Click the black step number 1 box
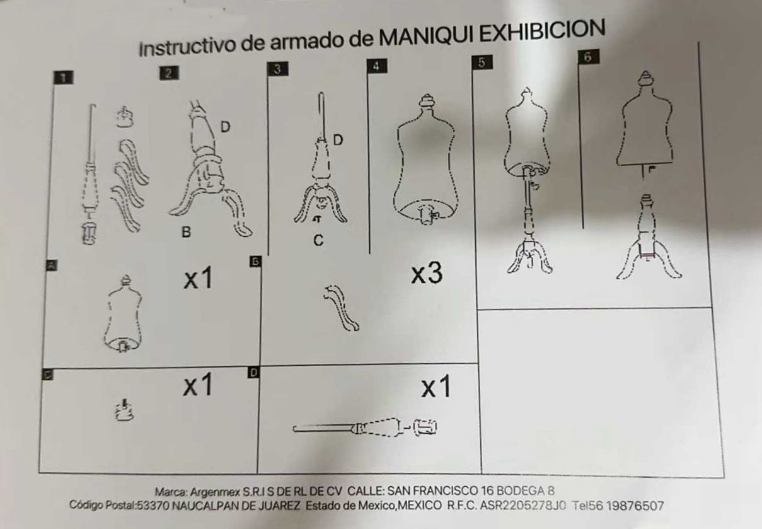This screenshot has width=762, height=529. (x=63, y=78)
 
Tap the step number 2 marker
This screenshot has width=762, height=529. (x=169, y=73)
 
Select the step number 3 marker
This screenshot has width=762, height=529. (x=277, y=69)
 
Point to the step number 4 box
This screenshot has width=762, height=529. (x=376, y=66)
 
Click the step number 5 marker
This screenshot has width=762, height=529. (x=482, y=63)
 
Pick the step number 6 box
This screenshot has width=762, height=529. (x=588, y=57)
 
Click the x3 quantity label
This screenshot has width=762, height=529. (x=427, y=274)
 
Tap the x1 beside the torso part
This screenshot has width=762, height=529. (x=198, y=278)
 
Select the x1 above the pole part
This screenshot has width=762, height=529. (x=436, y=386)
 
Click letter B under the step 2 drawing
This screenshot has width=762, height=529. (x=186, y=232)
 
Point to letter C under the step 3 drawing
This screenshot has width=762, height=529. (x=318, y=240)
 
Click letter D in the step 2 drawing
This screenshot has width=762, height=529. (x=225, y=127)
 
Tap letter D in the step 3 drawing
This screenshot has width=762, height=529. (x=337, y=140)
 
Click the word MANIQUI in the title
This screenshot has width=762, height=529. (x=426, y=36)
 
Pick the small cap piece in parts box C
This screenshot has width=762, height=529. (x=124, y=410)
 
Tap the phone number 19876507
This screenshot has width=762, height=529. (x=635, y=506)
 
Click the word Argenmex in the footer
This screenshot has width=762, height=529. (x=214, y=492)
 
